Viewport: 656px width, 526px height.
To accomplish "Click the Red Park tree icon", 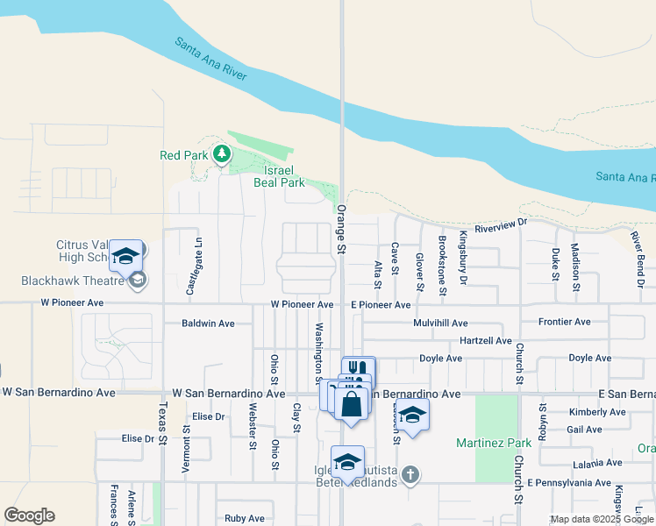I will (222, 155).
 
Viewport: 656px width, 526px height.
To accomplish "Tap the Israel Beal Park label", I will (279, 176).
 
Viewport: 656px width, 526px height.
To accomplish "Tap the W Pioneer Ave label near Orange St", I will (301, 304).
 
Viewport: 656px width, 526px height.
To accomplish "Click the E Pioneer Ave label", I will (381, 304).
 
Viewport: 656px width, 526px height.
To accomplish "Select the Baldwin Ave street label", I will (208, 323).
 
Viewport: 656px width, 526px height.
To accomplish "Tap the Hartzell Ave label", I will (486, 340).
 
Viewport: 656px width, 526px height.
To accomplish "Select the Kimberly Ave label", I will (596, 412).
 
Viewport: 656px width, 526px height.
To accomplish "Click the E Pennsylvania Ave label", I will (569, 483).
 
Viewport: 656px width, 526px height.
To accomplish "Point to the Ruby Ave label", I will (244, 518).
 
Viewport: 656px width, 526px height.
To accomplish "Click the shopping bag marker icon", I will (351, 405).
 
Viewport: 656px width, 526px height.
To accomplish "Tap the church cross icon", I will (410, 474).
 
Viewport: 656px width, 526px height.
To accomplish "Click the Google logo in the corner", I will (29, 515).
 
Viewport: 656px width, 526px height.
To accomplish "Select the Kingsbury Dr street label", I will (463, 268).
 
